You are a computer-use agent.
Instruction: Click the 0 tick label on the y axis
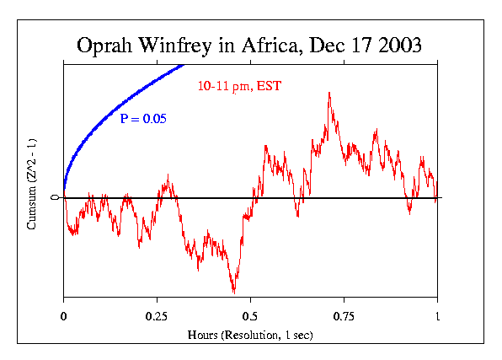point(55,197)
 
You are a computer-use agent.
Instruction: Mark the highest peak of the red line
point(328,93)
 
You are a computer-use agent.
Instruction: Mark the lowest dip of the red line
point(233,293)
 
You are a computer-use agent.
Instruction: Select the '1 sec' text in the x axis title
point(296,335)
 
